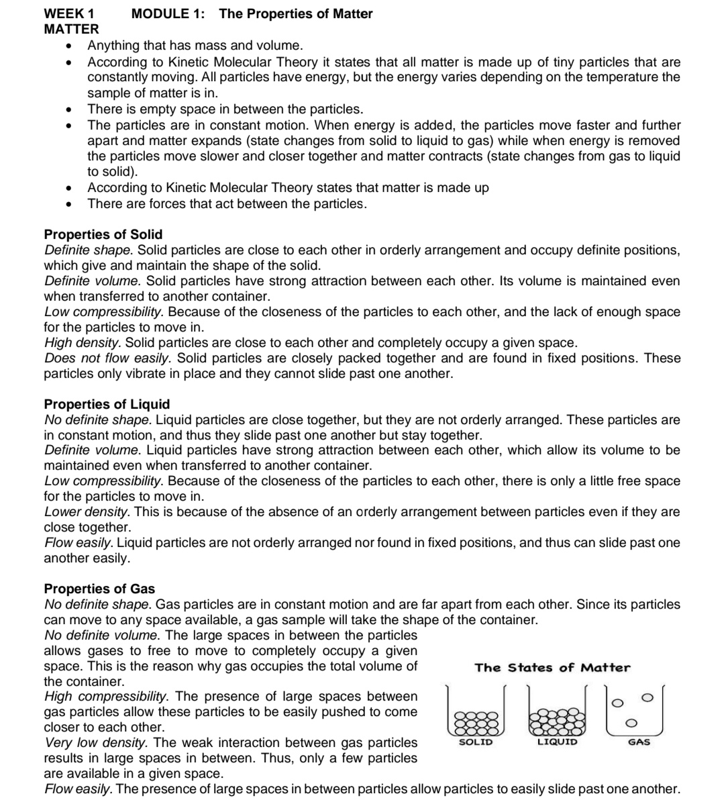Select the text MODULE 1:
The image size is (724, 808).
169,13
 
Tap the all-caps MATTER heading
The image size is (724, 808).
71,29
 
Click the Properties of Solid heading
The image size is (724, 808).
103,234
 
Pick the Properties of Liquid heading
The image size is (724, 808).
107,404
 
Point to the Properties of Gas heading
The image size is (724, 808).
99,589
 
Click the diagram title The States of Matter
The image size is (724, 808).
552,668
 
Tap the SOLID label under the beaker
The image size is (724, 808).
476,742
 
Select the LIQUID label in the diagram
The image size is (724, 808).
557,742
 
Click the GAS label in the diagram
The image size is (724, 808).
638,742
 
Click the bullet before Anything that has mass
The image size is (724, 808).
68,46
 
